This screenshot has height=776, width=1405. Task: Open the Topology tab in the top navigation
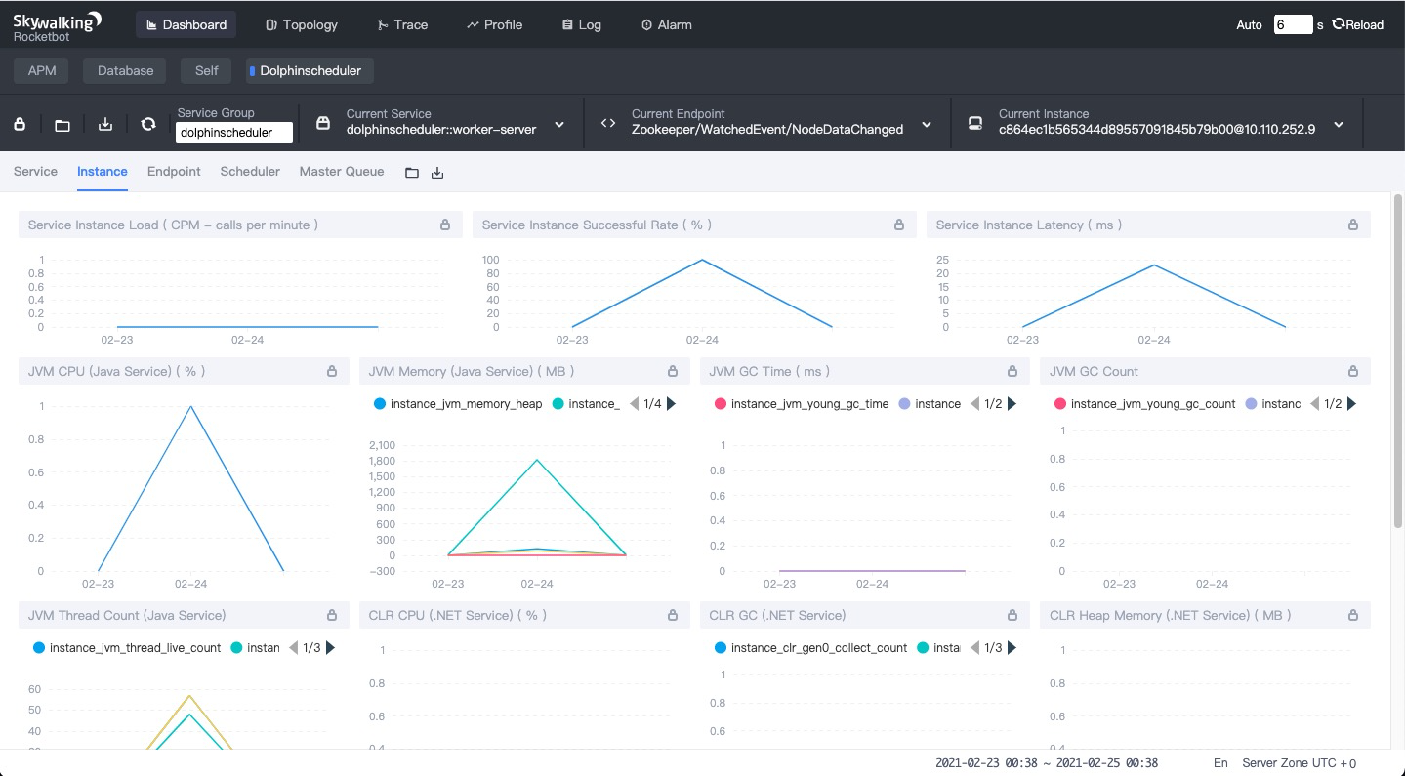pyautogui.click(x=302, y=24)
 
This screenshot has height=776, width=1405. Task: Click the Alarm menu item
pyautogui.click(x=667, y=24)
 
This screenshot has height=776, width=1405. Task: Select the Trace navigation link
pyautogui.click(x=402, y=24)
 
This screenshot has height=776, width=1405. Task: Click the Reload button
pyautogui.click(x=1358, y=24)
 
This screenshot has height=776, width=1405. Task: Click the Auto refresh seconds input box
pyautogui.click(x=1293, y=24)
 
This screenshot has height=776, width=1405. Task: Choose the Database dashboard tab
pyautogui.click(x=125, y=70)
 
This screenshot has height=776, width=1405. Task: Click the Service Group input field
pyautogui.click(x=234, y=132)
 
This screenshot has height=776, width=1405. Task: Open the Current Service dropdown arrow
pyautogui.click(x=559, y=125)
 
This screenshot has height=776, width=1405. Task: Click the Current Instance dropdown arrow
pyautogui.click(x=1339, y=125)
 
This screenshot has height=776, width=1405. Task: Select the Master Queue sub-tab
pyautogui.click(x=341, y=171)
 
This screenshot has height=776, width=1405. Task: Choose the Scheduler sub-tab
pyautogui.click(x=250, y=171)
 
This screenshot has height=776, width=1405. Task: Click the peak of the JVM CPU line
pyautogui.click(x=190, y=406)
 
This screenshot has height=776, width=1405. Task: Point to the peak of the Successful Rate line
pyautogui.click(x=702, y=260)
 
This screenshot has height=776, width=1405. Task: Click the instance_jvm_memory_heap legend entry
pyautogui.click(x=458, y=404)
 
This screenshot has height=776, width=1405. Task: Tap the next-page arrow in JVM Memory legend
pyautogui.click(x=671, y=404)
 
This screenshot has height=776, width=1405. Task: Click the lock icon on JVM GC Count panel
pyautogui.click(x=1353, y=371)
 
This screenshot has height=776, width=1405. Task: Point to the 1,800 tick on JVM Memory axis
pyautogui.click(x=382, y=461)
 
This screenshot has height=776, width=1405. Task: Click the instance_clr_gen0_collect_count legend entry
pyautogui.click(x=810, y=647)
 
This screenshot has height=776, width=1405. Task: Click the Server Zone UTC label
pyautogui.click(x=1299, y=763)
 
